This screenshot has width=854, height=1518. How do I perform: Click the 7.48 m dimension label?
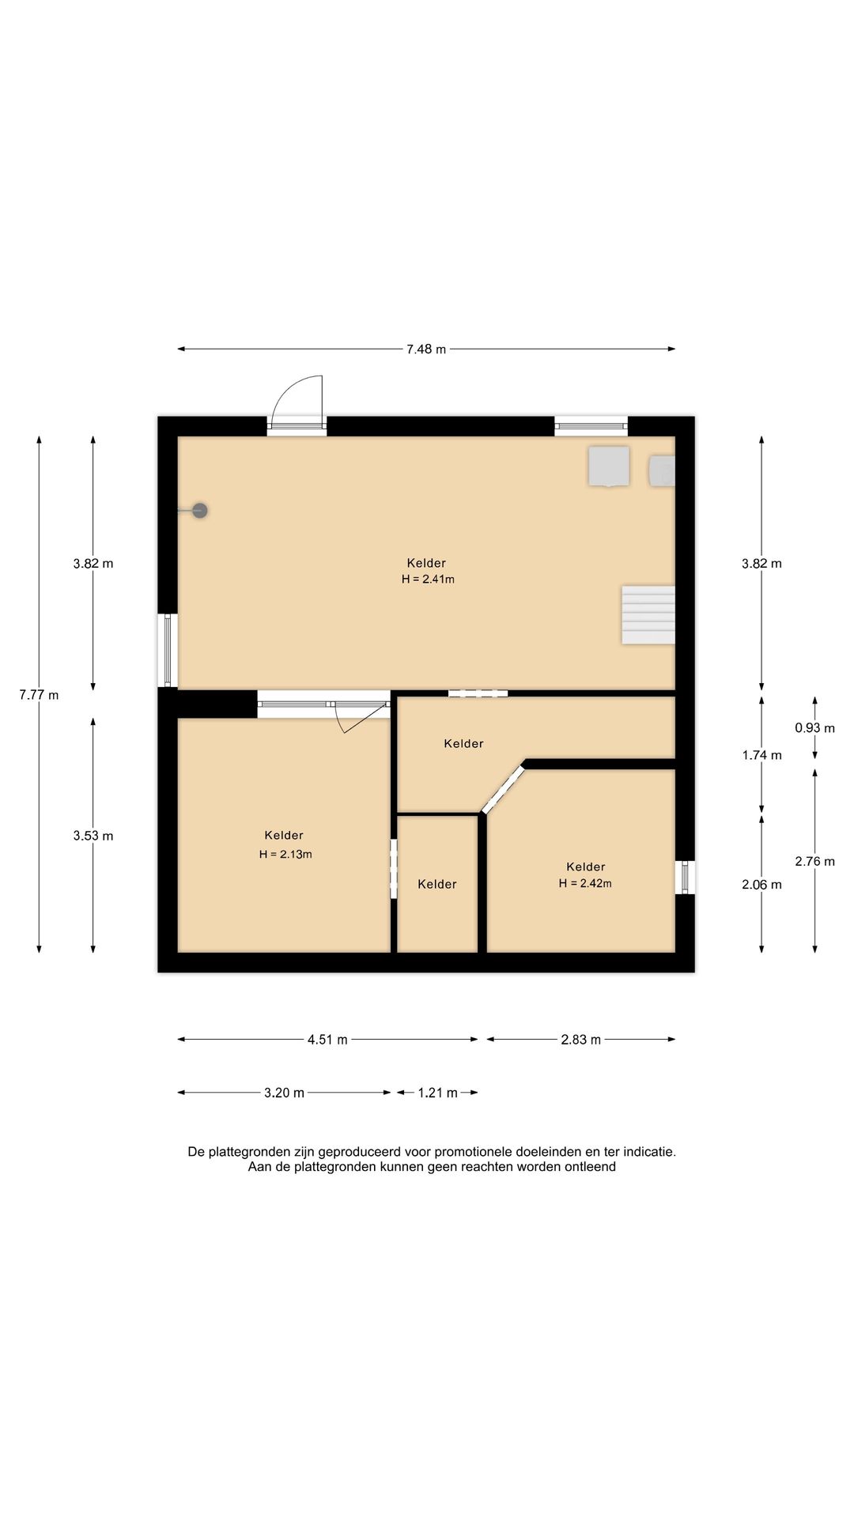(426, 349)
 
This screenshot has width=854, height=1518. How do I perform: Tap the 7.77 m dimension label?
(40, 695)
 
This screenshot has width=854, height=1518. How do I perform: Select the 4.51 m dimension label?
(327, 1040)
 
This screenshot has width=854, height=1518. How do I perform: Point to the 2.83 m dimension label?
(581, 1040)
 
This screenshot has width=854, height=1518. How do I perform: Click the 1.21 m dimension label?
(438, 1093)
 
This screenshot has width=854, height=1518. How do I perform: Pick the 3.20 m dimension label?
(284, 1093)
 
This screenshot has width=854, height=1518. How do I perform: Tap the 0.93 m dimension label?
(814, 728)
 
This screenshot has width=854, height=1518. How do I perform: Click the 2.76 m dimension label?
(814, 861)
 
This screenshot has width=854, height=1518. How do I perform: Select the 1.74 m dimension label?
(761, 755)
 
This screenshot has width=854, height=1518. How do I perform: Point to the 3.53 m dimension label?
(93, 836)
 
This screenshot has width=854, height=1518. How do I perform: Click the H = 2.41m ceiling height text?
(428, 579)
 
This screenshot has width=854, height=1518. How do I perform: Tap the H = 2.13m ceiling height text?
(285, 854)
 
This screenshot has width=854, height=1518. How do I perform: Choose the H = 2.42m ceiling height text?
(585, 883)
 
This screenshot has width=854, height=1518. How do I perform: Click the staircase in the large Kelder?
(648, 614)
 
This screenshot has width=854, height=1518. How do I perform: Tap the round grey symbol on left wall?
(200, 511)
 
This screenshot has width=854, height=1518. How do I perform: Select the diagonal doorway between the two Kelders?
(504, 788)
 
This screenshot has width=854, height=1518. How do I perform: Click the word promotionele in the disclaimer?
(474, 1152)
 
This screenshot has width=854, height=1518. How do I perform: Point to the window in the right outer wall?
(685, 878)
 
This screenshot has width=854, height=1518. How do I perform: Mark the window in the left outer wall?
(168, 650)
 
